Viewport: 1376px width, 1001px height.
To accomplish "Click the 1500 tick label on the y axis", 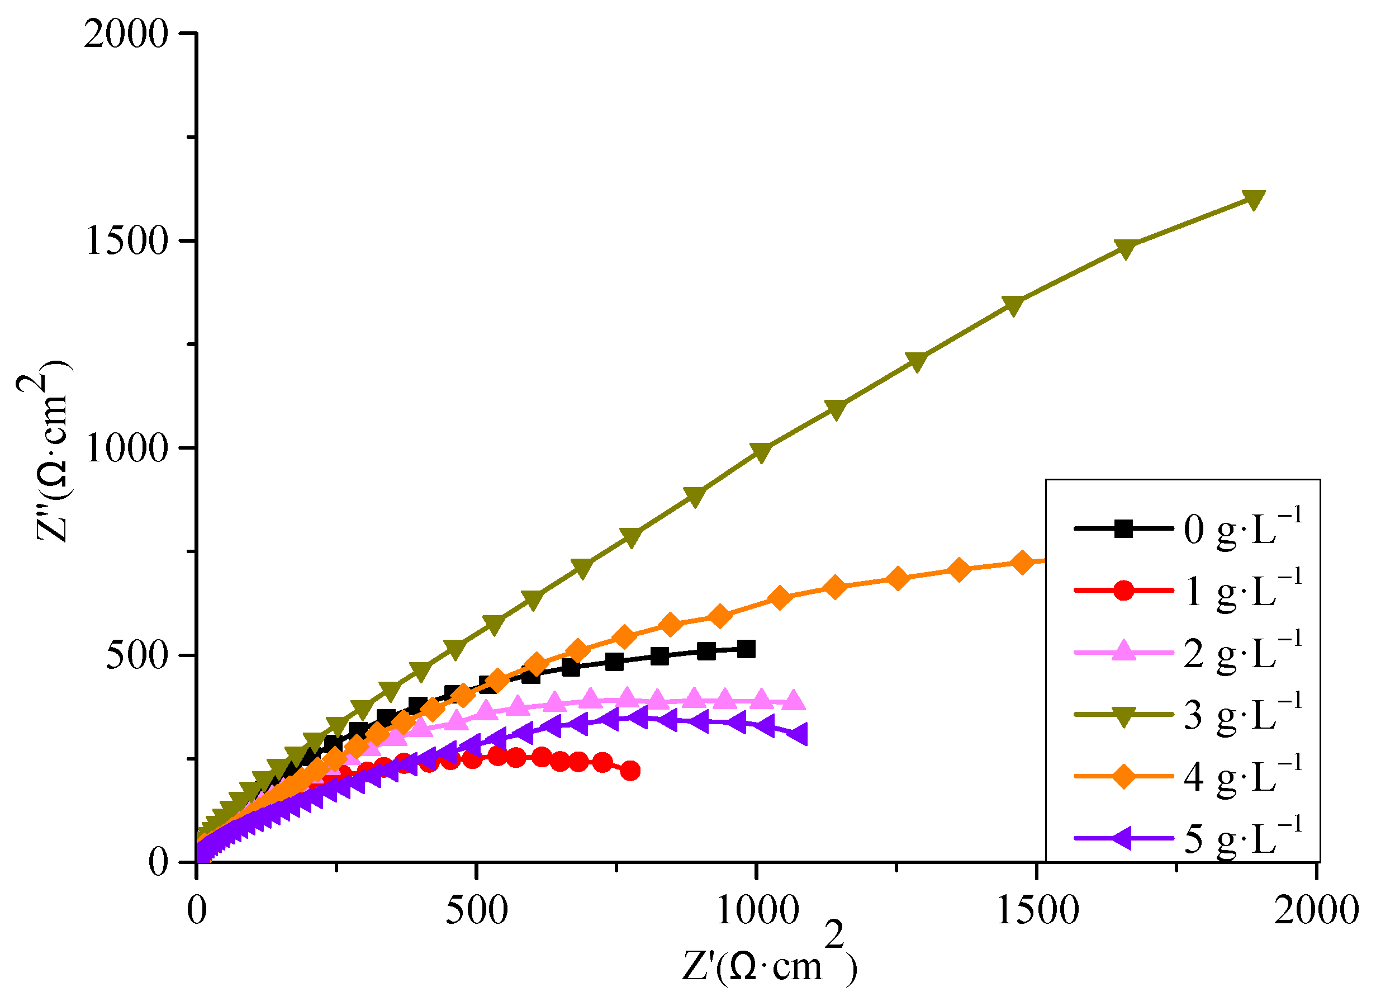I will point(126,242).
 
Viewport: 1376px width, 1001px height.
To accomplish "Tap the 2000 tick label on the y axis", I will point(126,34).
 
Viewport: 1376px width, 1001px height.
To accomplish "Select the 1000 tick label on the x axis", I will point(757,910).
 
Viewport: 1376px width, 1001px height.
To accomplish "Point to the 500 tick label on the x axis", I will point(477,910).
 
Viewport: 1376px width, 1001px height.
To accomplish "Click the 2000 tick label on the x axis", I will point(1315,910).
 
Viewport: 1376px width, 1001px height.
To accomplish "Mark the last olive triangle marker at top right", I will point(1254,199).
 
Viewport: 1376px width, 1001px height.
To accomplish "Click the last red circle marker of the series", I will point(630,771).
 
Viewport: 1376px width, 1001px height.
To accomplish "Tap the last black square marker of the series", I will point(746,649).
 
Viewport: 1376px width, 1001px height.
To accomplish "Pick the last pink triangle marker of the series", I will point(794,701).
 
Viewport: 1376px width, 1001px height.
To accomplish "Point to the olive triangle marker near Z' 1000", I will point(761,452).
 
